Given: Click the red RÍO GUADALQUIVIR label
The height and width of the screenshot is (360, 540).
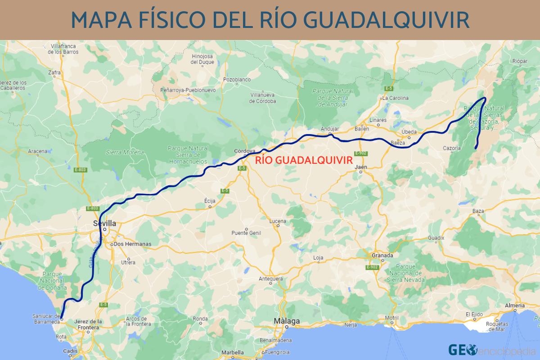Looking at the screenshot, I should coord(303,160).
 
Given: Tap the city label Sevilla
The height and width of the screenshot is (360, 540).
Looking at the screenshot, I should coord(104,223).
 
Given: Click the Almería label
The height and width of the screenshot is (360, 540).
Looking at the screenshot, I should coord(515,306).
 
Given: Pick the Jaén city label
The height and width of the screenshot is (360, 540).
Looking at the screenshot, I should coord(361,167).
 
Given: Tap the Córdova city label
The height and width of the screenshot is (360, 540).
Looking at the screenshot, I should coord(245,151).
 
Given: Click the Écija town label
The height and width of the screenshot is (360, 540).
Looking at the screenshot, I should coord(210,201).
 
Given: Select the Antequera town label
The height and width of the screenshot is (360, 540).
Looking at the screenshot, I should coord(270,279).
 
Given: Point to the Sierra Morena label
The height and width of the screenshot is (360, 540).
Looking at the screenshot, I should coord(125,153).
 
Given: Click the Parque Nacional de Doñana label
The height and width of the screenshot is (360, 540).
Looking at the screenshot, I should coord(54,280).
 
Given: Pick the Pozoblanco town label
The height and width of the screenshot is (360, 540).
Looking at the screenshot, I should coord(237,80).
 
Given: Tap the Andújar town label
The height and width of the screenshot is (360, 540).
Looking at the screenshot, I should coord(329,129).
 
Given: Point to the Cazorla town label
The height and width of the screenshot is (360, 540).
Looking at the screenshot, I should coord(452,148).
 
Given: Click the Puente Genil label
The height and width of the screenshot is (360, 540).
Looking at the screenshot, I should coord(246,233).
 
